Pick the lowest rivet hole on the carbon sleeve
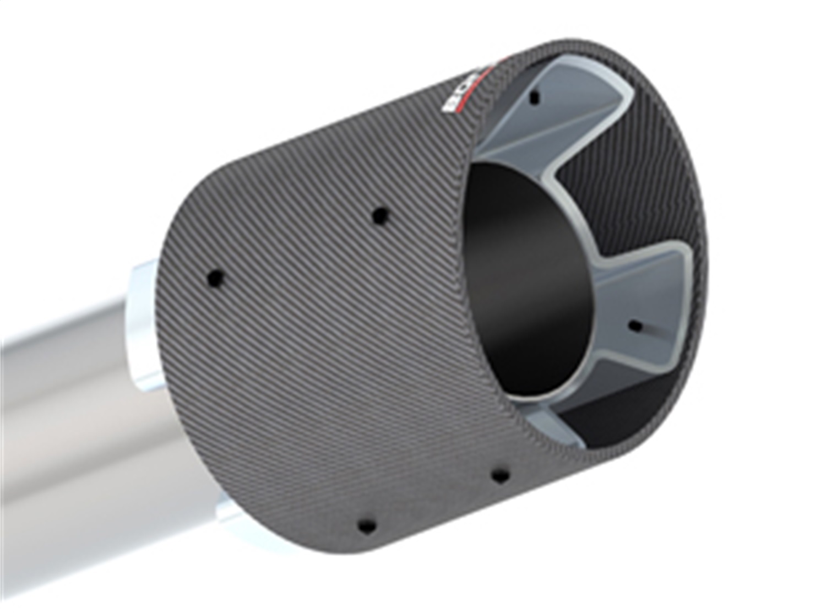pyautogui.click(x=363, y=523)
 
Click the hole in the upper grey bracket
pyautogui.click(x=532, y=99)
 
